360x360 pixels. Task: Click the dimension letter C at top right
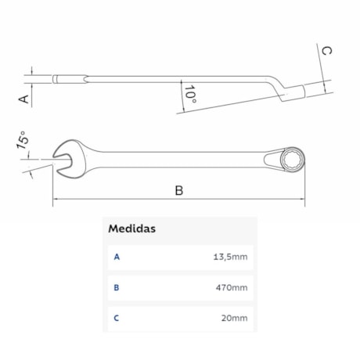point(327,51)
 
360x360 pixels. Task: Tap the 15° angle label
point(23,142)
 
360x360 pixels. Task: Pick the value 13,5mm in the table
point(231,257)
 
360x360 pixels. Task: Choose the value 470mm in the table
point(232,287)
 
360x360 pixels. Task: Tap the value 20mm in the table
point(234,318)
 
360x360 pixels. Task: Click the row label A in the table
point(117,257)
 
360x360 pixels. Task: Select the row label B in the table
point(117,287)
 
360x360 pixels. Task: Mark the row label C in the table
point(117,318)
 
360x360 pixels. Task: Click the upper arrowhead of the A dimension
point(31,72)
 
